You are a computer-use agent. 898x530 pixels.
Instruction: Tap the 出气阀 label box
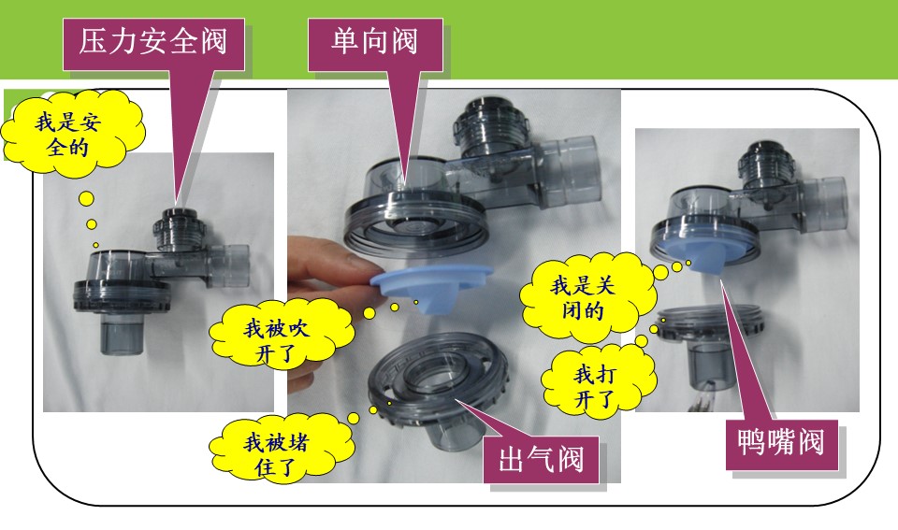541,460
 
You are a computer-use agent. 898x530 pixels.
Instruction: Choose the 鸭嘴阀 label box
781,445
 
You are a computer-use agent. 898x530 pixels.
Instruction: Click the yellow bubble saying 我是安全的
71,134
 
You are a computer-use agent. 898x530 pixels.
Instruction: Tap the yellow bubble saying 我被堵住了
280,452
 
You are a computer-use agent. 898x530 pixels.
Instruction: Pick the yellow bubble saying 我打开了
598,379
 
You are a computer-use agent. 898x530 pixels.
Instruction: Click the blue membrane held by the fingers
430,286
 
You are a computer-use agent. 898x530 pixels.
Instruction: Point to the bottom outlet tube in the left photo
120,334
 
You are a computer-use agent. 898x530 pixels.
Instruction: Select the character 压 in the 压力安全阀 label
94,42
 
